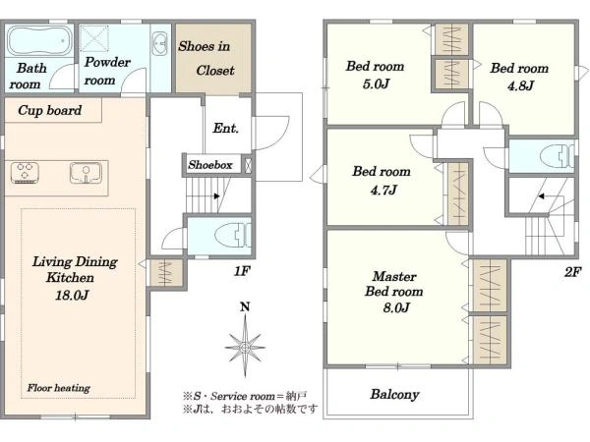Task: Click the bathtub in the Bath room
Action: click(x=39, y=40)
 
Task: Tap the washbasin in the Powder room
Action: click(x=160, y=44)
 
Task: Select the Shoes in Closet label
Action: click(x=206, y=58)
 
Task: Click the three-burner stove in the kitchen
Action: click(x=25, y=173)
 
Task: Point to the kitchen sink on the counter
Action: click(x=86, y=173)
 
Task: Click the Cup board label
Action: click(x=50, y=110)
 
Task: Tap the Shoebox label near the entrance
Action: click(x=210, y=165)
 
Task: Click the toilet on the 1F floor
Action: click(x=232, y=236)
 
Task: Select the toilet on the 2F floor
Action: click(x=557, y=155)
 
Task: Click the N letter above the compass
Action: click(x=245, y=307)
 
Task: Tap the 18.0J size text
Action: click(x=72, y=295)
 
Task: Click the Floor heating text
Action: click(x=58, y=388)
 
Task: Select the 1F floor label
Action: click(x=242, y=271)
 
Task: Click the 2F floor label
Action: click(x=572, y=271)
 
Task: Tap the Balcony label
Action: click(x=394, y=394)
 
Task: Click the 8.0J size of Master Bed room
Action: click(x=396, y=307)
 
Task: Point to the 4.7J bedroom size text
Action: click(x=383, y=190)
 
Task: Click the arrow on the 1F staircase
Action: click(x=216, y=195)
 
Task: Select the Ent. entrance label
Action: click(x=226, y=128)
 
